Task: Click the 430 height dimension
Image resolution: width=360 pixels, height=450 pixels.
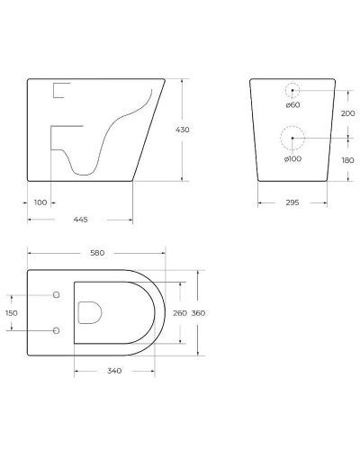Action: (x=183, y=130)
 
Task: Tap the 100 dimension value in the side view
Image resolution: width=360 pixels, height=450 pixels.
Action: (x=40, y=202)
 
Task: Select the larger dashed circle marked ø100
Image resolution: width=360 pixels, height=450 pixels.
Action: (x=293, y=138)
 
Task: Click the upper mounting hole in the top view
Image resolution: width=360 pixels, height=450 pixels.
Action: (x=55, y=295)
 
